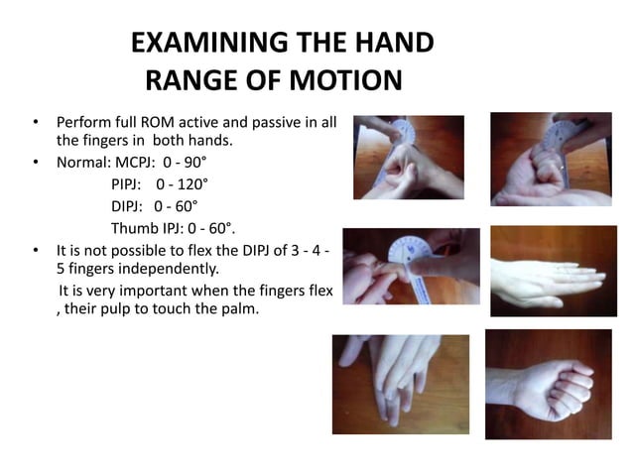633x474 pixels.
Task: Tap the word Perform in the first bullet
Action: tap(81, 123)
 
